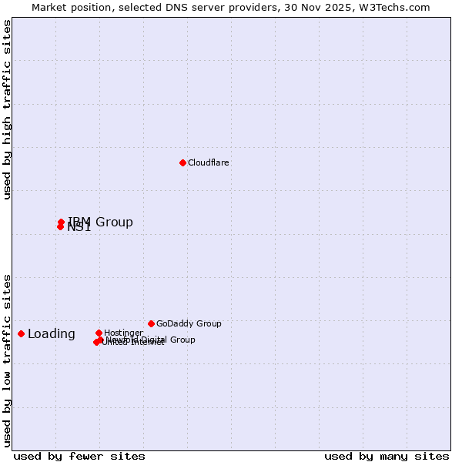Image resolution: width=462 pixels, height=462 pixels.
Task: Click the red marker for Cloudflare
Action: pyautogui.click(x=182, y=162)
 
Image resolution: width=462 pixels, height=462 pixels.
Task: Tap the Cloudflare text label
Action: pyautogui.click(x=208, y=162)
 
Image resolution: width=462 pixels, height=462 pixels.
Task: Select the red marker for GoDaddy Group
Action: pyautogui.click(x=151, y=323)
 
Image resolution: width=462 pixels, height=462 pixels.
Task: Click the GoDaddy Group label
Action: pyautogui.click(x=189, y=323)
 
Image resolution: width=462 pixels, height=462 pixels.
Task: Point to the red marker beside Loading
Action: pyautogui.click(x=21, y=333)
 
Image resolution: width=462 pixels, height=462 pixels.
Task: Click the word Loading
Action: pyautogui.click(x=52, y=333)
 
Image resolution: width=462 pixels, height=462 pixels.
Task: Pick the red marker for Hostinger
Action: pyautogui.click(x=99, y=333)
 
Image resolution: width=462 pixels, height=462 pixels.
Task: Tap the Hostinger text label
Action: pyautogui.click(x=123, y=333)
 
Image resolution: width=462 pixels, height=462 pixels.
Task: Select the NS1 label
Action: pyautogui.click(x=79, y=228)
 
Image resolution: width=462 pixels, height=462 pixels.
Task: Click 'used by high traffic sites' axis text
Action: pyautogui.click(x=8, y=109)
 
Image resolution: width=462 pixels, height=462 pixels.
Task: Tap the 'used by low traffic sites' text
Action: pyautogui.click(x=8, y=360)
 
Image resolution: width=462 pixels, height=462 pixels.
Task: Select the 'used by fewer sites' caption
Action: pyautogui.click(x=79, y=456)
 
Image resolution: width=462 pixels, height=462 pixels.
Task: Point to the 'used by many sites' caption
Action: pyautogui.click(x=387, y=456)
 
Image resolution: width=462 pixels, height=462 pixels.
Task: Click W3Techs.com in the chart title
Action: pyautogui.click(x=398, y=8)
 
